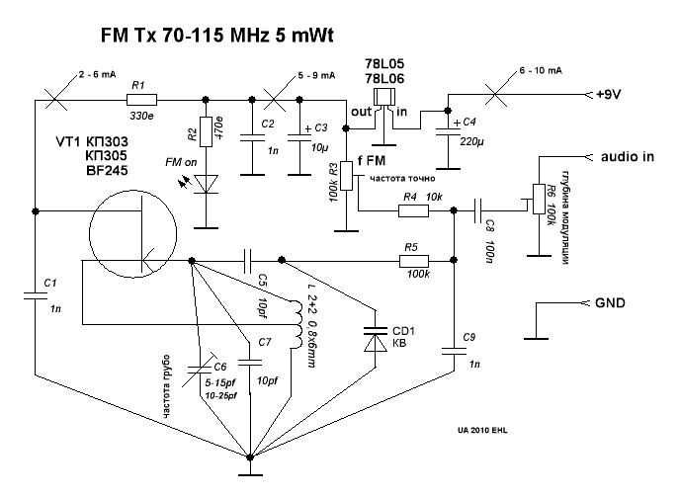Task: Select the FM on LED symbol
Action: (206, 182)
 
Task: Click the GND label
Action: (612, 302)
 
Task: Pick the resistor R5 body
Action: (414, 262)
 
